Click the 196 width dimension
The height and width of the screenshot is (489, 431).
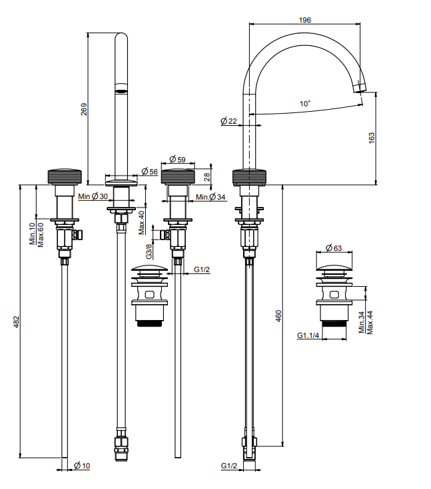tap(305, 20)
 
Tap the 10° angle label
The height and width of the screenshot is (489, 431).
tap(305, 104)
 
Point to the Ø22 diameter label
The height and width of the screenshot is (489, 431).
tap(228, 121)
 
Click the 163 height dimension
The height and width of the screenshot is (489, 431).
tap(372, 136)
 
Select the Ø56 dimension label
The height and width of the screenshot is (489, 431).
tap(149, 172)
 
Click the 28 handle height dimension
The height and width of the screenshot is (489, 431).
tap(207, 176)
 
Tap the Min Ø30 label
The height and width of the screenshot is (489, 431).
tap(93, 196)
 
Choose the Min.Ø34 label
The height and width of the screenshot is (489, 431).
tap(211, 197)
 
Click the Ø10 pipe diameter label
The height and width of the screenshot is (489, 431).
tap(81, 466)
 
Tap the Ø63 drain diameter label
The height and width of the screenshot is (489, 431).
tap(334, 249)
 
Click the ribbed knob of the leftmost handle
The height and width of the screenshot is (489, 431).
tap(65, 176)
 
